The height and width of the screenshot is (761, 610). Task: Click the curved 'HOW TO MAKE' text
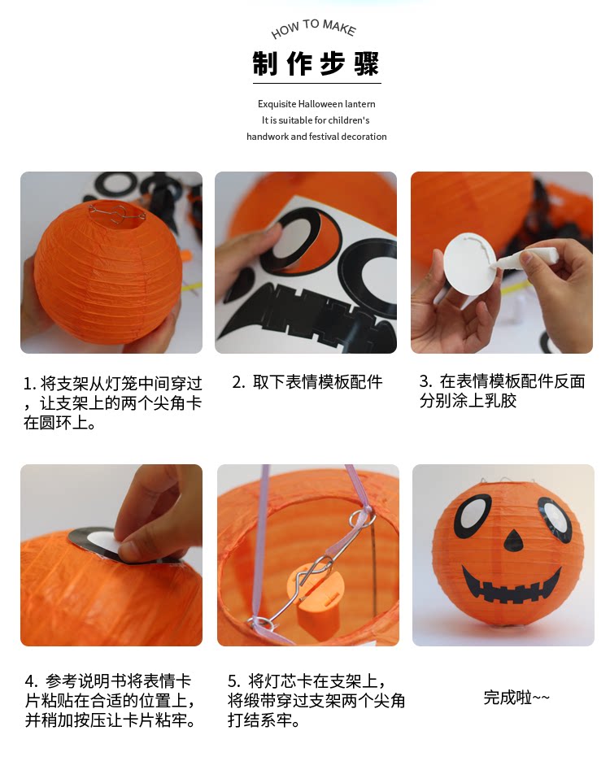314,28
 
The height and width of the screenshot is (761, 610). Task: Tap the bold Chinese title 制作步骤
316,63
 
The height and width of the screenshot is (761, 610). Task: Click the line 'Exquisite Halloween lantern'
316,104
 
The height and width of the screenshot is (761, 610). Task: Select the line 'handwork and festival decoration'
316,137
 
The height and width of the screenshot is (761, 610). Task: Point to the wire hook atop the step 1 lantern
117,214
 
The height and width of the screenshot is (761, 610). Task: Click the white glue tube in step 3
525,258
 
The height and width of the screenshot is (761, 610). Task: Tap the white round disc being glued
469,263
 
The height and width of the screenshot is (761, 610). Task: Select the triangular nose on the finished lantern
513,540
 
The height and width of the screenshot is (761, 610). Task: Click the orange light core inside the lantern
316,599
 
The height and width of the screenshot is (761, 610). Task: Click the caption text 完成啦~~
516,698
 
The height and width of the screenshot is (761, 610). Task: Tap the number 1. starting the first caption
29,384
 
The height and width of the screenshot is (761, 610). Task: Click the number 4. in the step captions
31,681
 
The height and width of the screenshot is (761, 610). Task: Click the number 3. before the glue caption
426,381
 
